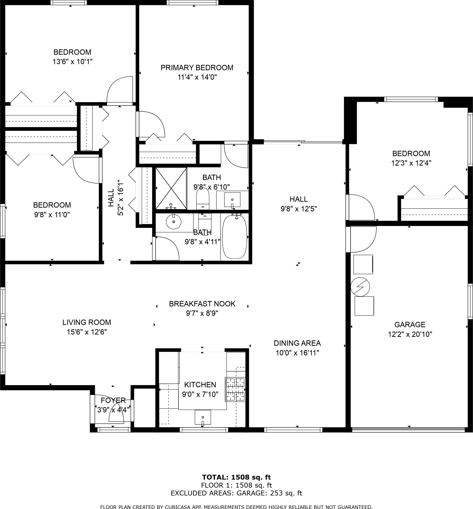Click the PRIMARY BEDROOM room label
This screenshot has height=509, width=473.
(x=197, y=68)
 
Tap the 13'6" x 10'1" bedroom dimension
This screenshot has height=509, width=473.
(x=72, y=62)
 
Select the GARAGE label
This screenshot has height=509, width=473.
(x=410, y=325)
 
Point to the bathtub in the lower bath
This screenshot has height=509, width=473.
(x=235, y=237)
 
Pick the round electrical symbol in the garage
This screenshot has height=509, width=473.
(x=360, y=287)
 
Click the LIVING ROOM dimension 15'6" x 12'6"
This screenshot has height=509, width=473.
(x=87, y=332)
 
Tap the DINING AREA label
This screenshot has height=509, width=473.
(x=297, y=343)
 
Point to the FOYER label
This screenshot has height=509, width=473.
(x=113, y=400)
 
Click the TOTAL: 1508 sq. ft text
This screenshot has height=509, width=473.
(x=236, y=477)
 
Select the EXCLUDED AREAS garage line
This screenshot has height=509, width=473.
(x=236, y=493)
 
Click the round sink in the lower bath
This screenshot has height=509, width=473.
(x=174, y=222)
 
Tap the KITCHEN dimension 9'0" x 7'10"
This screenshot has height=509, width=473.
(x=200, y=394)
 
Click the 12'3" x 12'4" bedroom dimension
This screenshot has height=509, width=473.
(x=411, y=163)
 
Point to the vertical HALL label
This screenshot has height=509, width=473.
(x=111, y=198)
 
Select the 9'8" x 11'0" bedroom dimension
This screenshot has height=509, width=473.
(x=52, y=214)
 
